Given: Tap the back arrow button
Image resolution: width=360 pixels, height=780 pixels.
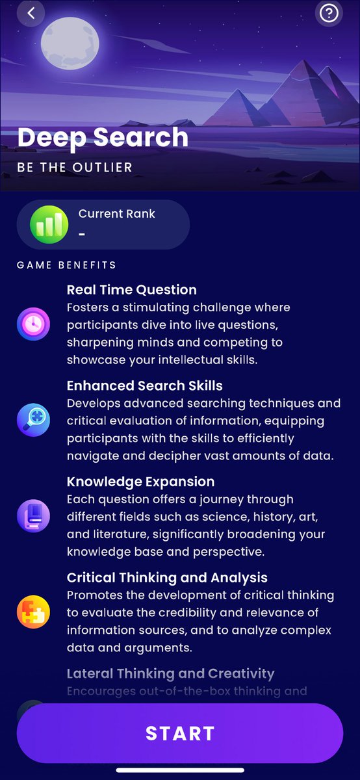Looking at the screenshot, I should (31, 12).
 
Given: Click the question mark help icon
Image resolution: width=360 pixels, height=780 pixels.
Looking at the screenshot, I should (329, 13).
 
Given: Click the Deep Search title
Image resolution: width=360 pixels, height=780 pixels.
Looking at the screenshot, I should (103, 137).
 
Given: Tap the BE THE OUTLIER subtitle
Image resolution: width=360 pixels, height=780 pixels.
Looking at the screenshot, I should (75, 168).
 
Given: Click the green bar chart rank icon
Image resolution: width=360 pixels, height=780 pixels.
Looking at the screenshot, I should (49, 224).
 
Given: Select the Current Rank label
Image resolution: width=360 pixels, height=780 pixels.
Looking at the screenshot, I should (117, 214).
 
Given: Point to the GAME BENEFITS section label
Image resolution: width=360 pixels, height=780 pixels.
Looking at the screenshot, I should (66, 265).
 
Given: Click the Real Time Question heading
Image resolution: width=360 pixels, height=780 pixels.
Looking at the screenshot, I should (132, 290).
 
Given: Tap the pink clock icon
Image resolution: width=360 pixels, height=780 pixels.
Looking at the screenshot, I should (33, 324).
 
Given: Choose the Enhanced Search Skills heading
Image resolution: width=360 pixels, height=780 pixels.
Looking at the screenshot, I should (145, 386).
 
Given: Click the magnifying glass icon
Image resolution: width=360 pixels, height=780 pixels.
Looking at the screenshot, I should (33, 420).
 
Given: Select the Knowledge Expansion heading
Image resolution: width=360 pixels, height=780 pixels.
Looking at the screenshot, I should (140, 482).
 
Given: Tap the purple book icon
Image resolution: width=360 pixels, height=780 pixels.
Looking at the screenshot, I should (33, 515).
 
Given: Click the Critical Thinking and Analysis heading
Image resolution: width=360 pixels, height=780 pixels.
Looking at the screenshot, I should (167, 578).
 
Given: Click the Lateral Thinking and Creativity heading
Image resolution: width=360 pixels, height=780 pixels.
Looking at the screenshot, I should (171, 673).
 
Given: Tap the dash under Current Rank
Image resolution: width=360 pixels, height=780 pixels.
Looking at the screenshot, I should (82, 234).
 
